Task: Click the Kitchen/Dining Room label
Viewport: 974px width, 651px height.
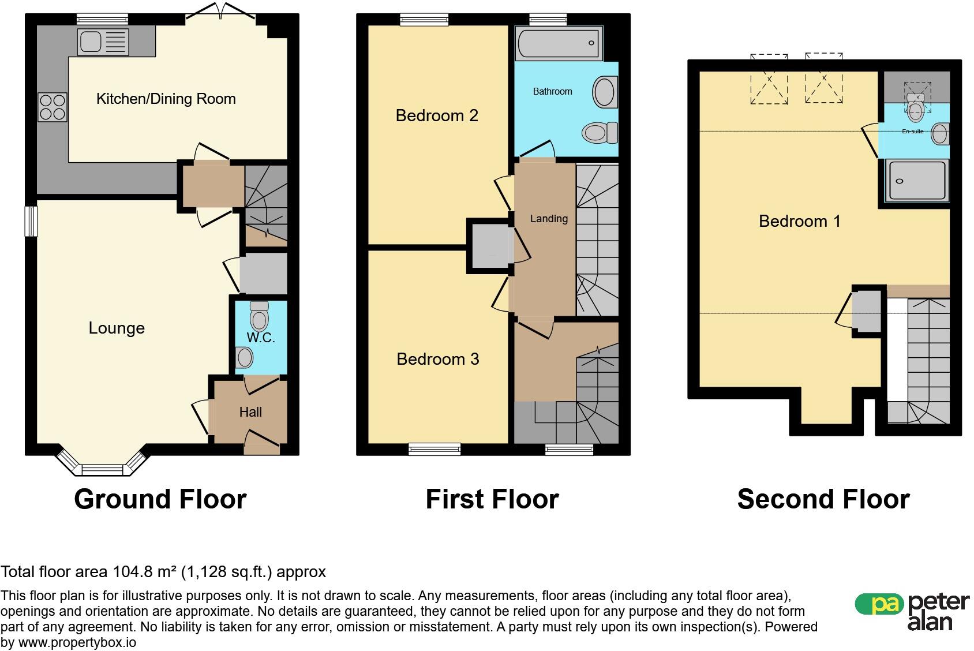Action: point(166,99)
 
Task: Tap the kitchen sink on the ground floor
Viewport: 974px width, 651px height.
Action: point(103,42)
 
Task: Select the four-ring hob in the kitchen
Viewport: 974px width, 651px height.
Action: point(52,107)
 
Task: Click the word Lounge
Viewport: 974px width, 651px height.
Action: point(117,328)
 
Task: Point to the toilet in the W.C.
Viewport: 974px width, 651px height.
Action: point(260,316)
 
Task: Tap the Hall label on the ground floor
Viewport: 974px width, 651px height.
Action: point(250,412)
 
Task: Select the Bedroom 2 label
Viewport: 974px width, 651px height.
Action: point(437,115)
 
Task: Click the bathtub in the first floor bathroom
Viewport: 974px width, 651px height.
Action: point(559,43)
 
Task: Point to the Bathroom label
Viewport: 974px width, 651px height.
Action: point(552,91)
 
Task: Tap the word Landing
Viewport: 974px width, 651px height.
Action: point(549,219)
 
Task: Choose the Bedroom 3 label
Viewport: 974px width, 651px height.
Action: point(437,359)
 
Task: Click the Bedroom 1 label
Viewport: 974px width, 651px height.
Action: point(800,222)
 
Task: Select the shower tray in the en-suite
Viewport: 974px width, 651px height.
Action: point(917,181)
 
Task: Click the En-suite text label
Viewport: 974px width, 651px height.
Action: point(913,132)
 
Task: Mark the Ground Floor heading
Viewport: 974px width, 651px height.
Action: point(160,499)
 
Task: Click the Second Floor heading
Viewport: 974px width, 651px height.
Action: point(823,499)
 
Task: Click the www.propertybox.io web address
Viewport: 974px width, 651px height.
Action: point(77,642)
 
